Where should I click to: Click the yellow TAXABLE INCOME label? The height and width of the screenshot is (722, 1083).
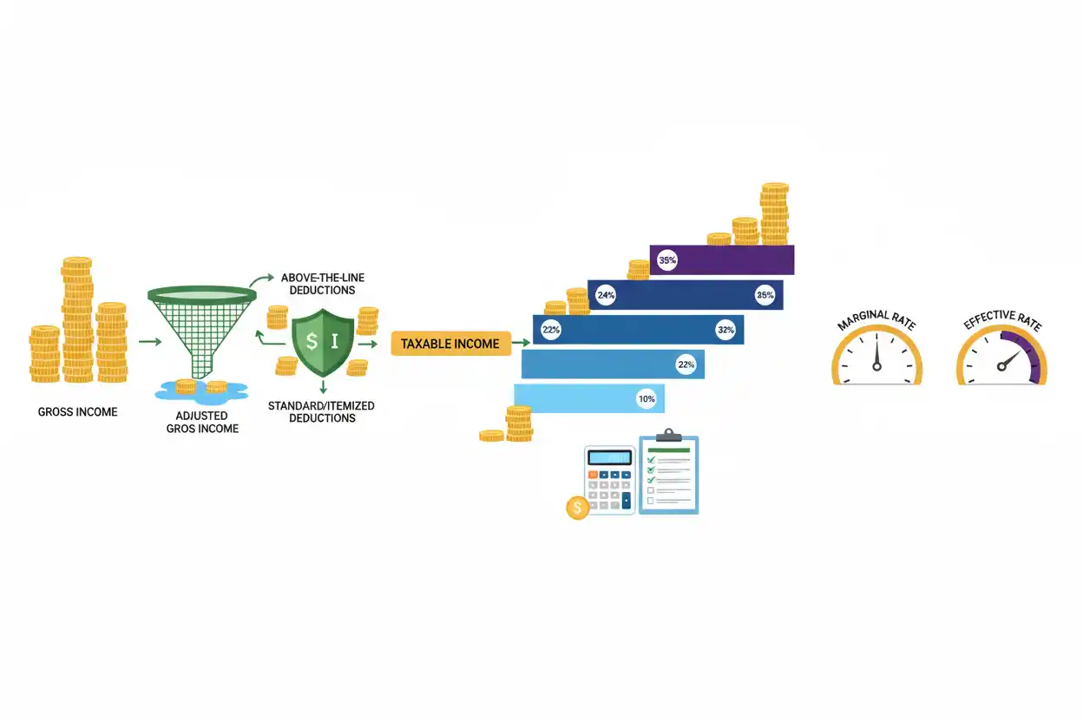point(450,344)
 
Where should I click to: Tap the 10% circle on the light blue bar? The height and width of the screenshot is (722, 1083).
point(647,399)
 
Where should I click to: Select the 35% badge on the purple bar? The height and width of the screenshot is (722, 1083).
point(667,260)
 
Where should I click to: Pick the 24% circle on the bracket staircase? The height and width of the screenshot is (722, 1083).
point(606,295)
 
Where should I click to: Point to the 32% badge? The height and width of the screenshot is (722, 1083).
point(725,330)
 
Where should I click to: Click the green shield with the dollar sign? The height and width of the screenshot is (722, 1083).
point(323,343)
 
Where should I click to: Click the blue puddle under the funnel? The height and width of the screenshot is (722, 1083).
point(201,391)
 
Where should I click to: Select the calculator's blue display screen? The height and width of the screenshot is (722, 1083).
point(610,457)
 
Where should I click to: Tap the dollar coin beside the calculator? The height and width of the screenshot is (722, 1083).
point(577,508)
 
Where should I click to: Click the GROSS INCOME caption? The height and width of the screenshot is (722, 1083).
point(78,412)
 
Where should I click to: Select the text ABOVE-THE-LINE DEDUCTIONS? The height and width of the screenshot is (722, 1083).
point(323,284)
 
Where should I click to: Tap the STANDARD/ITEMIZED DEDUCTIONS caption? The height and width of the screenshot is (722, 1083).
point(321,412)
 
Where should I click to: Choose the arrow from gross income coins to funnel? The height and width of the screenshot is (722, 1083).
point(150,342)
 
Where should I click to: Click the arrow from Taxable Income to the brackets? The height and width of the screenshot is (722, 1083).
point(522,343)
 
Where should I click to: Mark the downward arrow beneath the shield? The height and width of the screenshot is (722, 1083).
point(323,386)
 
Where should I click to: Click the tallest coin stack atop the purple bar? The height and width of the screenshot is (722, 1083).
point(775,213)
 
